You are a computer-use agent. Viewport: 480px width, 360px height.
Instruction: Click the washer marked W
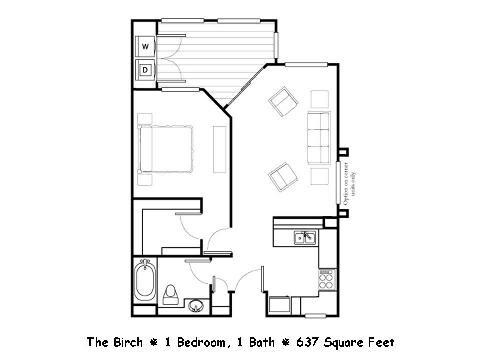click(x=145, y=47)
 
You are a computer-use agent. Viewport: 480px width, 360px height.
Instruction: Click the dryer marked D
click(x=145, y=70)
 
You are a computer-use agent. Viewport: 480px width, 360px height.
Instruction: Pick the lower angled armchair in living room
click(x=282, y=177)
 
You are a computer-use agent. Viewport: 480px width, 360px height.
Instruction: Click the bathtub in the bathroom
click(x=146, y=281)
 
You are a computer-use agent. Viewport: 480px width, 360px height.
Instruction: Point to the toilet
click(x=171, y=294)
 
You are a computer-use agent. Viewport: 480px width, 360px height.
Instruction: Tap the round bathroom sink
click(x=197, y=305)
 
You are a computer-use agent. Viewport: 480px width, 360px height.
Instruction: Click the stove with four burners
click(x=326, y=280)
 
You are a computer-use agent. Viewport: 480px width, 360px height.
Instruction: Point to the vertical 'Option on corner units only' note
click(x=345, y=185)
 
